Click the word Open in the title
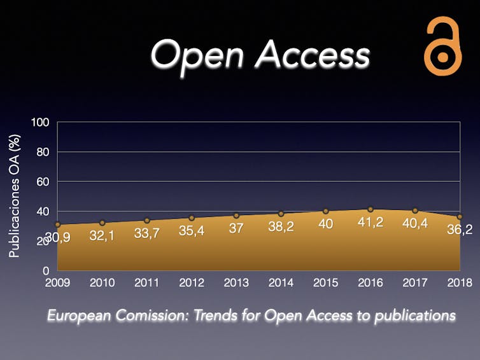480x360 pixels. [x=197, y=55]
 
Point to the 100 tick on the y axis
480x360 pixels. [x=40, y=122]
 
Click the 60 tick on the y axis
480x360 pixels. [x=43, y=182]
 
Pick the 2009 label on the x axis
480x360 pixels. [x=57, y=282]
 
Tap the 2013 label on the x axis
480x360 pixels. [x=236, y=282]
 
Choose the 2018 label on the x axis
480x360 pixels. [x=459, y=282]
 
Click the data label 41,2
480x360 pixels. [x=370, y=222]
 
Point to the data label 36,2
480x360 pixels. [x=459, y=230]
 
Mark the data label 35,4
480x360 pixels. [x=191, y=230]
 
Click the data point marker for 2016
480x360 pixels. [x=370, y=209]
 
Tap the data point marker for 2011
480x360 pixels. [x=146, y=221]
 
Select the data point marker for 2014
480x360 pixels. [x=281, y=214]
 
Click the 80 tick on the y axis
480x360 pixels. [x=43, y=152]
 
